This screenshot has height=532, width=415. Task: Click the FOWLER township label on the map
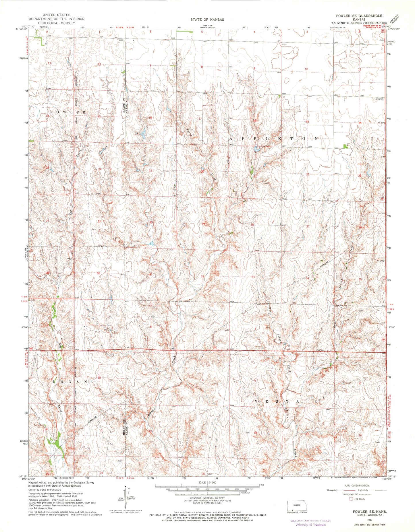point(68,112)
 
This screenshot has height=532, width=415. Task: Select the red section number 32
point(202,276)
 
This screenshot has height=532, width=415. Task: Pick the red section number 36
point(99,273)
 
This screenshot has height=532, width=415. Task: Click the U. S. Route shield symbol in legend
point(351,499)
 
